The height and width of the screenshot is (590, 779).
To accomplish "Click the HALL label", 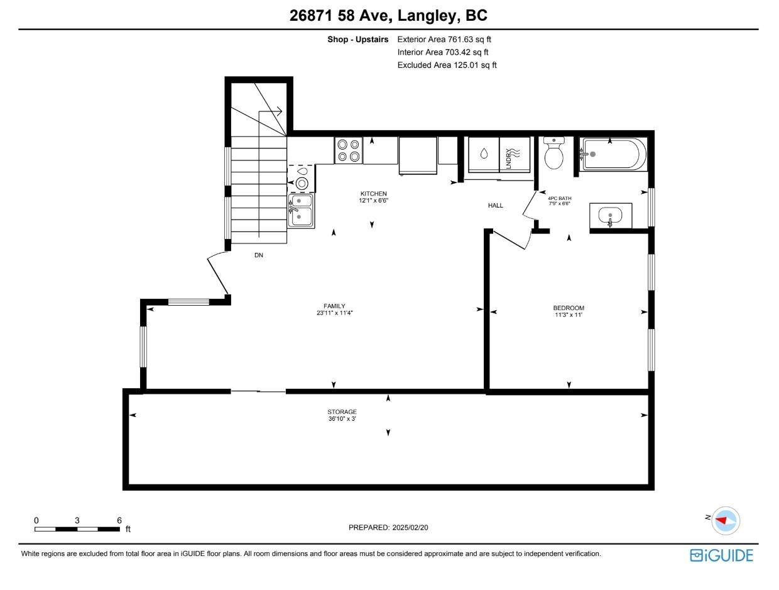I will (496, 206).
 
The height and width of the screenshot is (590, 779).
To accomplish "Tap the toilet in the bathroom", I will (553, 154).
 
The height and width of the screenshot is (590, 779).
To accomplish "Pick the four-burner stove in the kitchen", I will (348, 150).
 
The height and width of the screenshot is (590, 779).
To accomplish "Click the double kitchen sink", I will (301, 209).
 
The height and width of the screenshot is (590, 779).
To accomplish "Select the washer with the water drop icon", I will (484, 154).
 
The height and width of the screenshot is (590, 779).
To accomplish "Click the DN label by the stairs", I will (259, 255).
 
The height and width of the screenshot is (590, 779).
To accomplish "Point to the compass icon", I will (725, 521).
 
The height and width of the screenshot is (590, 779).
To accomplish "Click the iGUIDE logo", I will (721, 555).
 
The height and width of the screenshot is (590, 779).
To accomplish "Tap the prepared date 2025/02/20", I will (388, 528).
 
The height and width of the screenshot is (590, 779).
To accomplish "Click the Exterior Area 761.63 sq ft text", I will (444, 40).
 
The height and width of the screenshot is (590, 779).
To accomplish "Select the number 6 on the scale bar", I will (119, 520).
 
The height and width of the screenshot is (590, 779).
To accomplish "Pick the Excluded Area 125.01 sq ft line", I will (447, 65).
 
